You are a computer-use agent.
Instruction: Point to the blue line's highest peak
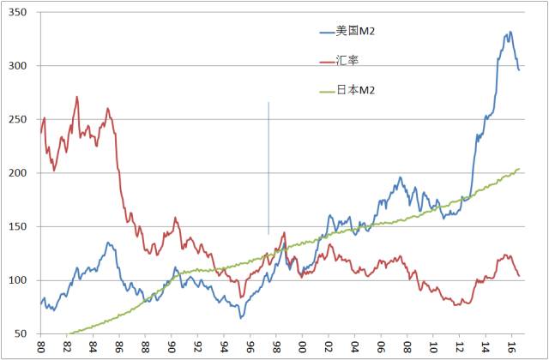pos(510,33)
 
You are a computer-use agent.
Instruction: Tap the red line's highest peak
pos(77,97)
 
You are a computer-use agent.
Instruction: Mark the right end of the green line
pos(520,169)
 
